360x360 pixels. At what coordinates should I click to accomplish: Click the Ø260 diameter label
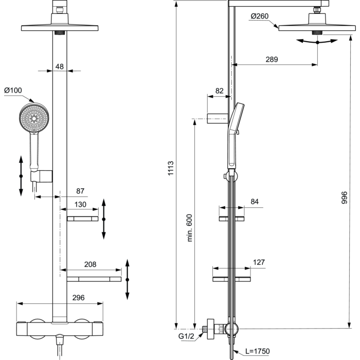[259, 16]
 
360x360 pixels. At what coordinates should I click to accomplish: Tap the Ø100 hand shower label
[13, 90]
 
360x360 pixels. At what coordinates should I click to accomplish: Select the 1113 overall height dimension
[171, 168]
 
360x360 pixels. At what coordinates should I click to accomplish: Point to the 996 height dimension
[345, 197]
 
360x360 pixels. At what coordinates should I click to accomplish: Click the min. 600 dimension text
[189, 228]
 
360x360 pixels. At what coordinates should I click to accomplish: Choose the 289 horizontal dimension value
[272, 60]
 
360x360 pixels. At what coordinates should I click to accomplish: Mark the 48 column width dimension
[60, 66]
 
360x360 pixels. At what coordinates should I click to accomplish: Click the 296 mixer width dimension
[79, 298]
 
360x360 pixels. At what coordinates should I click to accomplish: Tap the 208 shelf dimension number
[90, 264]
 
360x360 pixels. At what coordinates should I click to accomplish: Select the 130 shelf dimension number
[80, 204]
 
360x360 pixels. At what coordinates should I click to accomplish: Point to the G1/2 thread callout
[186, 336]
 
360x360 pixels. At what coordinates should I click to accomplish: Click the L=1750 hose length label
[257, 351]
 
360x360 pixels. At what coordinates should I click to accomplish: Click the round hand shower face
[34, 118]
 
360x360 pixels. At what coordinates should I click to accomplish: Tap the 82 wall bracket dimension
[219, 91]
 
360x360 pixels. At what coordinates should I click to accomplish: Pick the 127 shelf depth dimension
[259, 262]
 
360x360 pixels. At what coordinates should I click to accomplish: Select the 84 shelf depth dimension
[255, 202]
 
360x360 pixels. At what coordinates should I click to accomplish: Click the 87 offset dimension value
[80, 191]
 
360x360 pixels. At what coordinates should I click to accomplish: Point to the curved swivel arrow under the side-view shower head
[317, 42]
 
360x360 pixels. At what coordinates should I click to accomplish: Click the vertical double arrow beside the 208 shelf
[128, 279]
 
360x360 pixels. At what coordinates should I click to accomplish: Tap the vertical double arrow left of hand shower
[21, 176]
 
